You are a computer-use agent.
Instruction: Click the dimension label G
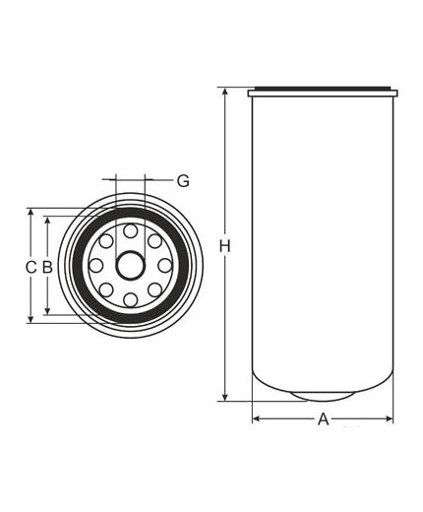[x=183, y=181]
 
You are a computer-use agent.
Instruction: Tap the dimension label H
[x=224, y=246]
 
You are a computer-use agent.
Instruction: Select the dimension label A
[x=323, y=419]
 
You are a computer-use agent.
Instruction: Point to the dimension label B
[x=47, y=267]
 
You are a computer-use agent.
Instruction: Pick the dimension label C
[x=30, y=267]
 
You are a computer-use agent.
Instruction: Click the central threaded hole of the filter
[x=131, y=266]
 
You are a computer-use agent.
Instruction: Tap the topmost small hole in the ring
[x=131, y=230]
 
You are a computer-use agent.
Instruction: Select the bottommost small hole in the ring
[x=131, y=300]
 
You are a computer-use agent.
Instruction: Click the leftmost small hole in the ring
[x=96, y=266]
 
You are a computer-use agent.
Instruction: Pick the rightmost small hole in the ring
[x=165, y=266]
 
